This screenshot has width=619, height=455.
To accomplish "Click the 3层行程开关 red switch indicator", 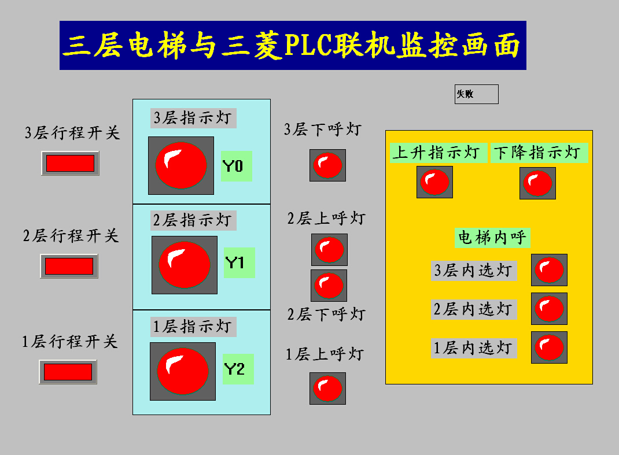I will click(70, 163).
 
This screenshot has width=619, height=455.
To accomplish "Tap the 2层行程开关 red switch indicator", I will click(69, 266).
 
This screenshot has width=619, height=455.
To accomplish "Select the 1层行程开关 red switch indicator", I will click(68, 372).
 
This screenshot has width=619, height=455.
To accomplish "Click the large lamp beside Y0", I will click(181, 165).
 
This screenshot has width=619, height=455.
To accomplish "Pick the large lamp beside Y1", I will click(185, 265).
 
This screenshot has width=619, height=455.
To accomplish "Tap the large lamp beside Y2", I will click(183, 371).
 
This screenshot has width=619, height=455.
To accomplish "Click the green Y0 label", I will click(236, 167).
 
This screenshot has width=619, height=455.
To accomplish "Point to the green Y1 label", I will click(239, 263).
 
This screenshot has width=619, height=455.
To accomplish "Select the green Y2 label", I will click(238, 369).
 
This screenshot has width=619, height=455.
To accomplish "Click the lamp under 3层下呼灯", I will click(327, 165).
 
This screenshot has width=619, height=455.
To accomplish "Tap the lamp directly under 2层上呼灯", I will click(329, 250).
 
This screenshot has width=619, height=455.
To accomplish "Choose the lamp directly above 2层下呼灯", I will click(329, 286).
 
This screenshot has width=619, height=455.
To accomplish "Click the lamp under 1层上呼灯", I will click(327, 389).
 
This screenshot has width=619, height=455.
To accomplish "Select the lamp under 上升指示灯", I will click(434, 182).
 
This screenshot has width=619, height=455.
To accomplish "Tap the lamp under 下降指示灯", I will click(537, 183).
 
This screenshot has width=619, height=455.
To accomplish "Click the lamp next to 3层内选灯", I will click(549, 270).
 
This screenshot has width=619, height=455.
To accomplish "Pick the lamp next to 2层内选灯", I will click(549, 309).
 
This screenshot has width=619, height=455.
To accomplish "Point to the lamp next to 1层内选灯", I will click(549, 347).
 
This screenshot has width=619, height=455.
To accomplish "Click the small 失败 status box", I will click(476, 94).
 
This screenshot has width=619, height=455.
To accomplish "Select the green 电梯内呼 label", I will click(492, 238).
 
